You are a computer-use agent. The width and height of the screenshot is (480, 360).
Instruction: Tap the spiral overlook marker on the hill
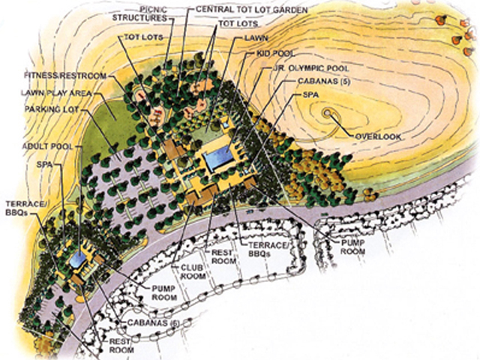[x=328, y=112]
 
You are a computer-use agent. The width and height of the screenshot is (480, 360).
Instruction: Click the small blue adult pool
[x=76, y=259]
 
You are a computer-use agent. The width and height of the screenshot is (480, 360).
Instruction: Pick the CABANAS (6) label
[x=149, y=324]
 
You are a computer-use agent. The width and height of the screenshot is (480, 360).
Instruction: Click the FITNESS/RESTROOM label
[x=58, y=76]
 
